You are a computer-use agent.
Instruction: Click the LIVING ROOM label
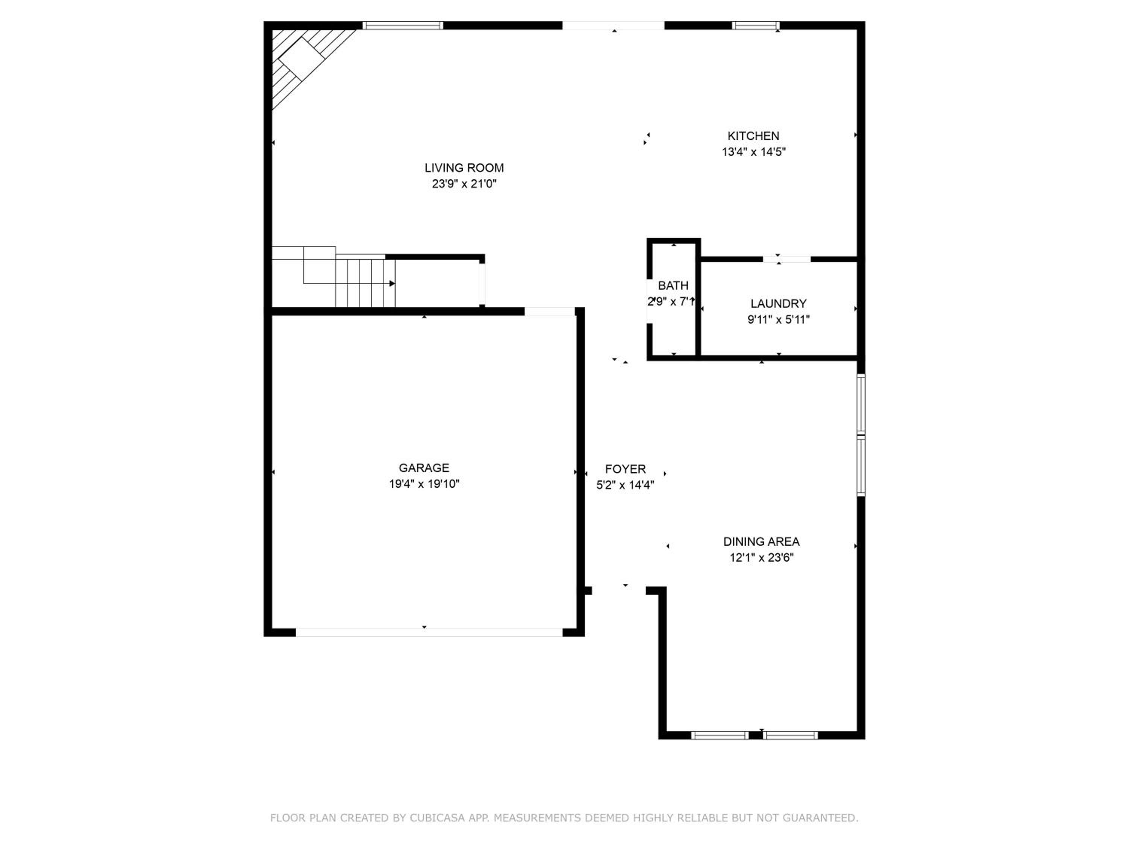pyautogui.click(x=464, y=168)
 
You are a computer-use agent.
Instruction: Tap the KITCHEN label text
pyautogui.click(x=753, y=136)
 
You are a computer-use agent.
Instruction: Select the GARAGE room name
pyautogui.click(x=424, y=468)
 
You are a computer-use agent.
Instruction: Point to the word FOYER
pyautogui.click(x=625, y=469)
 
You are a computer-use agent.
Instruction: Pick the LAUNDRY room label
pyautogui.click(x=778, y=304)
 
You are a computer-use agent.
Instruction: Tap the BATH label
pyautogui.click(x=673, y=285)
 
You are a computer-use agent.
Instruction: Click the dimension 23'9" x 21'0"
pyautogui.click(x=464, y=184)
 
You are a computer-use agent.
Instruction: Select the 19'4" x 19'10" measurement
pyautogui.click(x=424, y=483)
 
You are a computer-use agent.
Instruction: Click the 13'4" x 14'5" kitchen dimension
pyautogui.click(x=753, y=152)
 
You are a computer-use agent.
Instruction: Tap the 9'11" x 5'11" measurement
pyautogui.click(x=778, y=320)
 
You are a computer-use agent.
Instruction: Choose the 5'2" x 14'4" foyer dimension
pyautogui.click(x=625, y=484)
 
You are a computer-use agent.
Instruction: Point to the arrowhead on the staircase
pyautogui.click(x=392, y=283)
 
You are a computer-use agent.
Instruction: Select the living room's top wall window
pyautogui.click(x=403, y=26)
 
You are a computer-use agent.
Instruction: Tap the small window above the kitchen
pyautogui.click(x=755, y=26)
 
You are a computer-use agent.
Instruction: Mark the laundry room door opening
pyautogui.click(x=787, y=259)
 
